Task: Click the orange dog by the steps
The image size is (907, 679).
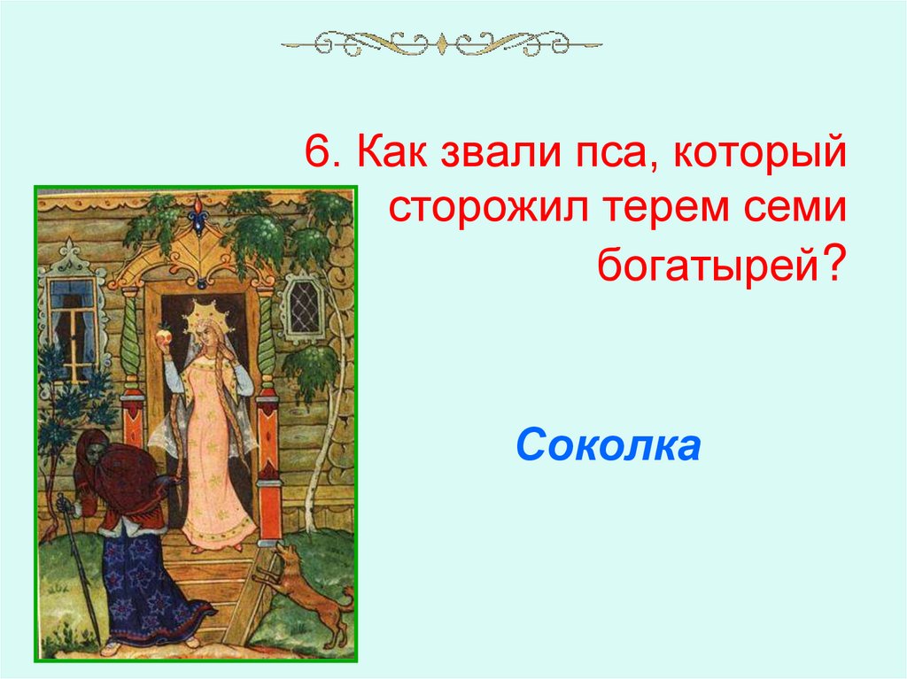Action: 305,589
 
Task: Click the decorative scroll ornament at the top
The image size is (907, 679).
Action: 441,42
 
